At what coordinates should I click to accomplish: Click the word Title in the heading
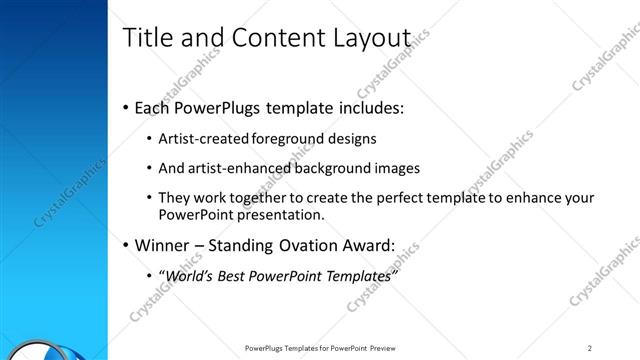point(146,37)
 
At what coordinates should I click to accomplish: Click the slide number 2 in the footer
point(591,347)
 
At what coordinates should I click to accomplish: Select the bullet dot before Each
point(125,107)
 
